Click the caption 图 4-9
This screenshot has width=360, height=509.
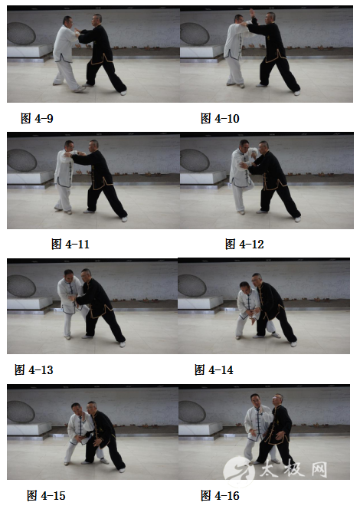tap(37, 119)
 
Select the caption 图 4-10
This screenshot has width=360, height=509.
tap(220, 119)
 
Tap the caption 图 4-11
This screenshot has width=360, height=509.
tap(70, 244)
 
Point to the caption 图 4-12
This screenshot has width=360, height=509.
tap(244, 244)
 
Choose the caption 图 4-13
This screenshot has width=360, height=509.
tap(34, 369)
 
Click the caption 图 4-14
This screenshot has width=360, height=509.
tap(214, 369)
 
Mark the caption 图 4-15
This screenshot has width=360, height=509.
tap(46, 495)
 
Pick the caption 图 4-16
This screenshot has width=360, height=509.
tap(220, 495)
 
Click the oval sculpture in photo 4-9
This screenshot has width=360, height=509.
tap(21, 33)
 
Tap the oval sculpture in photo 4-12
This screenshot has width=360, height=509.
tap(195, 160)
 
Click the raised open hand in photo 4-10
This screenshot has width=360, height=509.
tap(252, 13)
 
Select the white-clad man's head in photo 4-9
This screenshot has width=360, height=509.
tap(67, 21)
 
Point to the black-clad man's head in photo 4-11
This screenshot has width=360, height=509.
tap(93, 146)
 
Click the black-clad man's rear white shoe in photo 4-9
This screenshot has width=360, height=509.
tap(123, 94)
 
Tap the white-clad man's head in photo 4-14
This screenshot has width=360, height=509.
tap(244, 287)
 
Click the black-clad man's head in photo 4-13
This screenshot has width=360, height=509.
tap(86, 275)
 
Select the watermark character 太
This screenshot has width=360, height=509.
tap(270, 468)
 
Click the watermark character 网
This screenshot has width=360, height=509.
tap(319, 470)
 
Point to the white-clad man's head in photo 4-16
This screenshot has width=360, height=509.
tap(256, 400)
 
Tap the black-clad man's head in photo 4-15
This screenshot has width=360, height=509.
tap(92, 407)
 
